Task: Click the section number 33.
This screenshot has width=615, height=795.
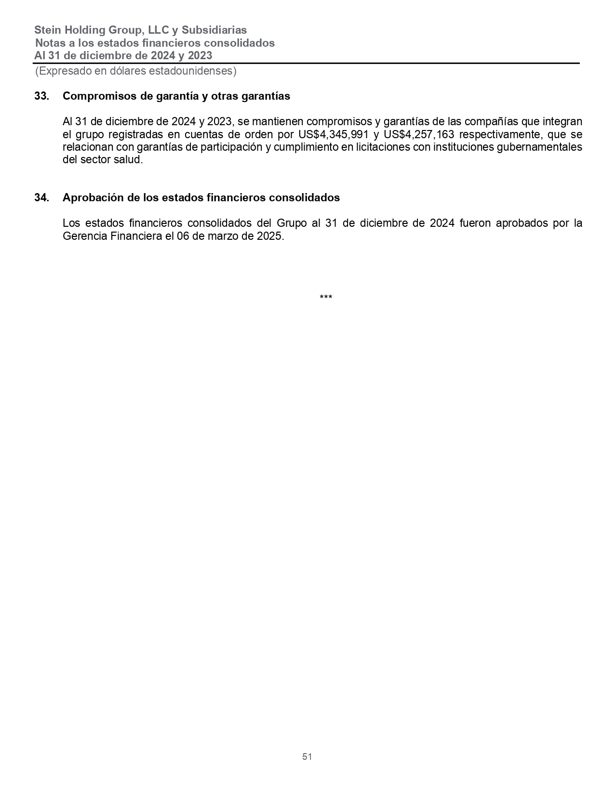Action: [41, 96]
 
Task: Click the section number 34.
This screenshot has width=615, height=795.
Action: [41, 197]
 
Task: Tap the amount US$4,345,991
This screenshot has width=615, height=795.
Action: [334, 134]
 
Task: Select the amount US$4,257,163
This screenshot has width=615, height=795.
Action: [419, 134]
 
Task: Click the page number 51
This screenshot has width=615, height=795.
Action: [307, 756]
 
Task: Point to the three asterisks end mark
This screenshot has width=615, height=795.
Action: [326, 298]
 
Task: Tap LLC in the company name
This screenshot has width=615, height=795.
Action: [158, 30]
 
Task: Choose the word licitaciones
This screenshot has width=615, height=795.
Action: [383, 147]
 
